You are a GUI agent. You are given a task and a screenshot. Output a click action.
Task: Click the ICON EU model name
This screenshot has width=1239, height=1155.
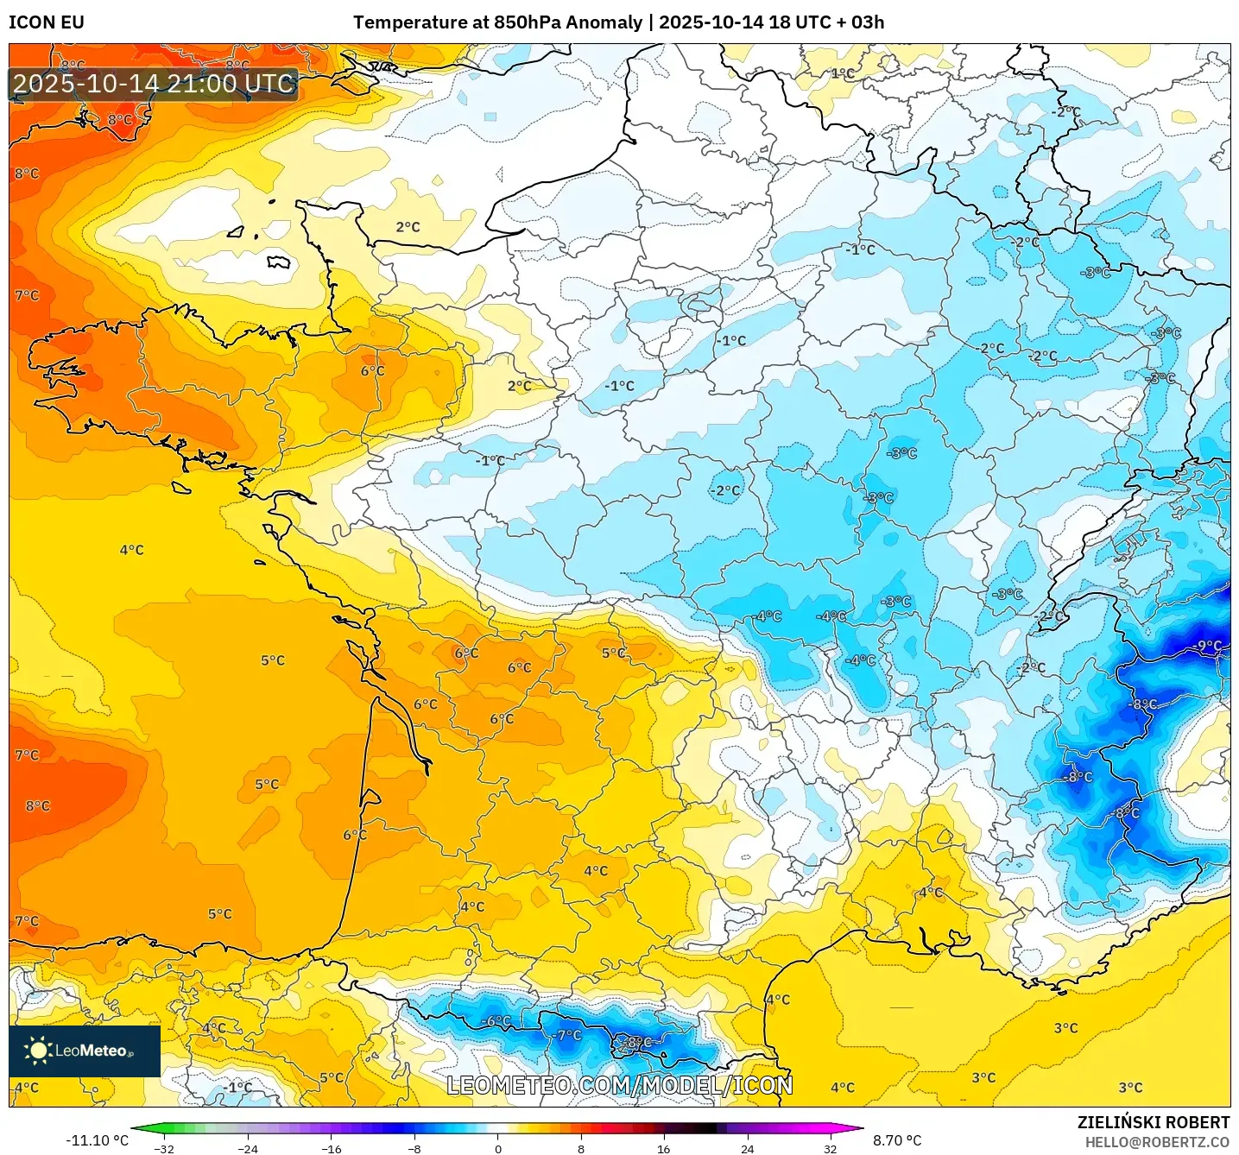point(47,22)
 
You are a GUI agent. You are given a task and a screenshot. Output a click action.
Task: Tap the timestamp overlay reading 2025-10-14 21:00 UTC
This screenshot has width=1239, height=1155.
point(154,84)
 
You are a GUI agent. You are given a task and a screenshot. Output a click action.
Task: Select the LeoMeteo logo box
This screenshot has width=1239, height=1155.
point(85,1051)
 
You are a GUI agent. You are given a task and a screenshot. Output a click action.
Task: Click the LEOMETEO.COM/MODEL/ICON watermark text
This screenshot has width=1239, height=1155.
point(619,1085)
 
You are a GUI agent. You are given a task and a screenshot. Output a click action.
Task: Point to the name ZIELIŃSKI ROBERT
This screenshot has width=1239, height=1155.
point(1154,1122)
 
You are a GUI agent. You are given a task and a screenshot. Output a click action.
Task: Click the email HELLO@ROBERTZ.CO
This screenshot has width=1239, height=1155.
point(1157,1142)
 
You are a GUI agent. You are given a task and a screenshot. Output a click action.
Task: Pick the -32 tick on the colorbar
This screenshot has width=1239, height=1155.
point(164,1149)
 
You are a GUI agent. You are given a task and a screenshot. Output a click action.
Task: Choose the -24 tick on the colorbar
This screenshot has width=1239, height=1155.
point(248,1149)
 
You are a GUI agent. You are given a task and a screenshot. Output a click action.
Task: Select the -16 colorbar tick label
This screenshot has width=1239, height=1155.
point(332,1149)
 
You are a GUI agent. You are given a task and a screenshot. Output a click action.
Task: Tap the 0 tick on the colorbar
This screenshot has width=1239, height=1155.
point(498,1149)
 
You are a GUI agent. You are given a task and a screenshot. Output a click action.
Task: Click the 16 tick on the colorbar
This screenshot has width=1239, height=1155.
point(663,1149)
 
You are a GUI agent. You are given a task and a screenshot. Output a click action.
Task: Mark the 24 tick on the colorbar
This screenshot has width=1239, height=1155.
point(747,1149)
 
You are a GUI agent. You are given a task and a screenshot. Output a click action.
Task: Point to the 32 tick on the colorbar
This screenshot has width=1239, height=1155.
point(830,1149)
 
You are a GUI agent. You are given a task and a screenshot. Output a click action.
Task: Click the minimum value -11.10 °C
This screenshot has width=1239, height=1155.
point(97,1140)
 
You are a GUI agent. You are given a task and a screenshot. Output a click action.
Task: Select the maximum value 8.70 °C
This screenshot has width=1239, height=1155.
point(897,1140)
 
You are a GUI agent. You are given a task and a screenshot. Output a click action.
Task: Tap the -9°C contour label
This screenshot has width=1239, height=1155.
point(1209,646)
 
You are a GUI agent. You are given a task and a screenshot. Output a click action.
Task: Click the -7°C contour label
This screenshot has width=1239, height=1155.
point(569,1035)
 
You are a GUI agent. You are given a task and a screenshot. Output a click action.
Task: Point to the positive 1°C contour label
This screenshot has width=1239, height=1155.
point(843,73)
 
